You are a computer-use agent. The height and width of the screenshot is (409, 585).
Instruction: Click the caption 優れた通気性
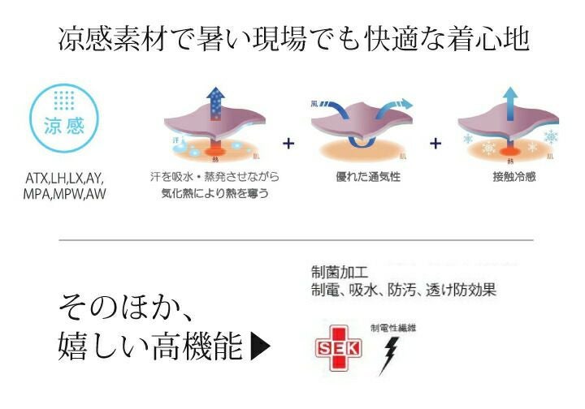(x=355, y=176)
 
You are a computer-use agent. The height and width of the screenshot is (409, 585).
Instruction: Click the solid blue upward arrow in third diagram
(x=510, y=104)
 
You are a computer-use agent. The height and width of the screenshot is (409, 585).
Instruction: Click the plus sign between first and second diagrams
(x=288, y=144)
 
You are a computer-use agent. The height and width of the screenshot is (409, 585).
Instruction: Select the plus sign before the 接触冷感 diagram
(x=435, y=144)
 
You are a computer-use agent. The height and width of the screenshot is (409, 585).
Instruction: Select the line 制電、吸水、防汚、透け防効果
(x=403, y=289)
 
